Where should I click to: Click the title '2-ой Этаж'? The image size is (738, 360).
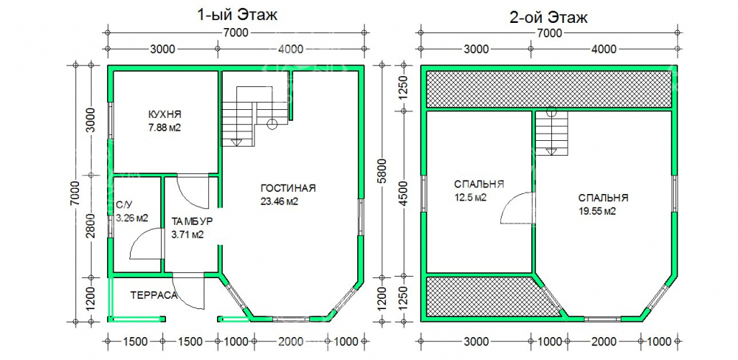pos(549,18)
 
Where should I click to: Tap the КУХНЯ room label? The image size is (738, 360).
pos(165,114)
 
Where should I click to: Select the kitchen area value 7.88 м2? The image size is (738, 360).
pos(165,128)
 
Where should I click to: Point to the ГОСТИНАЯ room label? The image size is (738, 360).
pos(288,188)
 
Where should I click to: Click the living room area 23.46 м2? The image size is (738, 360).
pos(280,201)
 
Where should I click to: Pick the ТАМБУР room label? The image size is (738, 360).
pos(193,221)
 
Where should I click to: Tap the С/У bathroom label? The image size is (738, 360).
pos(124,205)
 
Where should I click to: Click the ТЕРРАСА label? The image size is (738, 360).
pos(154,296)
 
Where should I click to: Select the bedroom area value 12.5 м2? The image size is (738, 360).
pos(470,198)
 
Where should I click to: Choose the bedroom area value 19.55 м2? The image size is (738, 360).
pos(597,211)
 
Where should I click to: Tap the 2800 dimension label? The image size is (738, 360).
pos(92,226)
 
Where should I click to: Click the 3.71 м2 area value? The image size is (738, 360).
pos(187,235)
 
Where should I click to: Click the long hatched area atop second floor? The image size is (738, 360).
pos(549,89)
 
